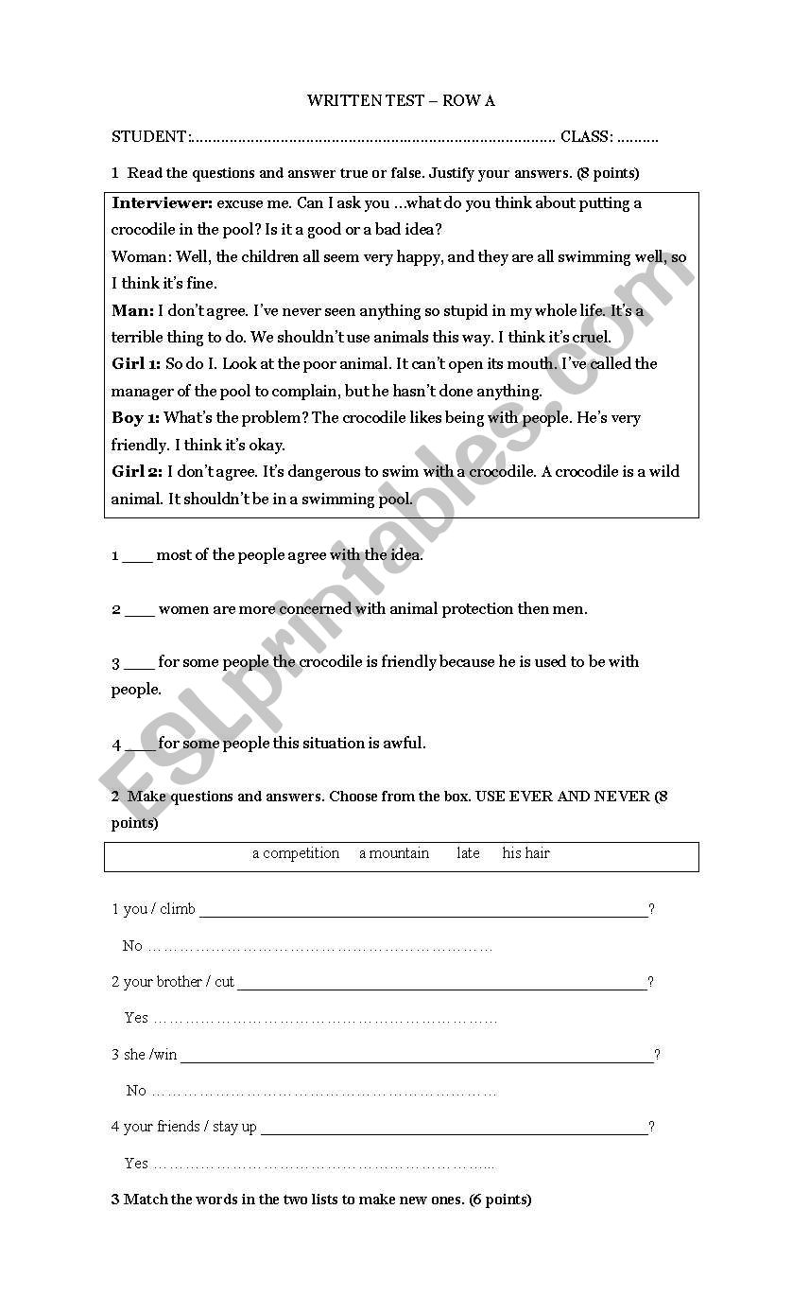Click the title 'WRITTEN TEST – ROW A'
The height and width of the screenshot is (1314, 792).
click(401, 100)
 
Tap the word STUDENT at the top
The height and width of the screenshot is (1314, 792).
click(149, 137)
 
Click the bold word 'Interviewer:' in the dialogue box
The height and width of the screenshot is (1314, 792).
click(162, 202)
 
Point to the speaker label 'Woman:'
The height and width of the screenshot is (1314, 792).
click(138, 256)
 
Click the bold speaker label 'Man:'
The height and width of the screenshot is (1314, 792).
click(132, 310)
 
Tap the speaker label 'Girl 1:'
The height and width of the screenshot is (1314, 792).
click(136, 363)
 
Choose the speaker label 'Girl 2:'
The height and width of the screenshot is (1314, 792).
click(137, 471)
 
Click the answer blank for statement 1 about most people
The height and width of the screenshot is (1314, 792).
click(137, 556)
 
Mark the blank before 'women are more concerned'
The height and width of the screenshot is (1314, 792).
click(139, 610)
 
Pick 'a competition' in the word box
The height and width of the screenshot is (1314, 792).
click(296, 853)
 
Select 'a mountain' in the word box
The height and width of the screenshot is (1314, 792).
click(394, 853)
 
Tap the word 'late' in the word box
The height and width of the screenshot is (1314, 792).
click(468, 853)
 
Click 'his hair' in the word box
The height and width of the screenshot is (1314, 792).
click(525, 853)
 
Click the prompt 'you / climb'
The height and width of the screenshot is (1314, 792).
click(153, 909)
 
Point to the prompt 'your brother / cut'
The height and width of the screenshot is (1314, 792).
click(173, 982)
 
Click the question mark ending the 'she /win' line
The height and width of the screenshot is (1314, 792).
click(658, 1054)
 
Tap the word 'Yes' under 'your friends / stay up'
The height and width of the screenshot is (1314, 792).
click(136, 1163)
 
